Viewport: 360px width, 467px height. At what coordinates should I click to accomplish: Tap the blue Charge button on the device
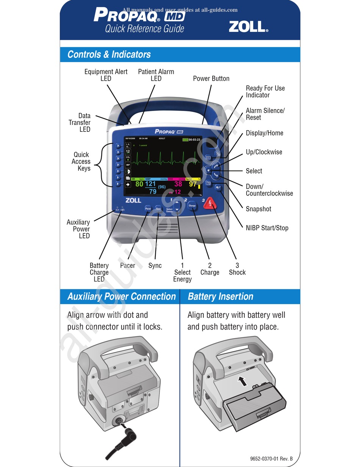192,206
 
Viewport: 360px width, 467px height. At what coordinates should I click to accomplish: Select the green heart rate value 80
139,184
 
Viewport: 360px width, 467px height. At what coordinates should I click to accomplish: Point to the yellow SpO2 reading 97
193,184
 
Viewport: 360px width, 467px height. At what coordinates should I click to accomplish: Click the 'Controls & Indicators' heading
109,55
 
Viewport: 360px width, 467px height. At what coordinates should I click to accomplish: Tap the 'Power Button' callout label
211,78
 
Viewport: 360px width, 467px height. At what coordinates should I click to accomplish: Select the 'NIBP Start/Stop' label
267,228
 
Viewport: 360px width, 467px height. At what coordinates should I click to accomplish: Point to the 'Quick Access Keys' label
81,161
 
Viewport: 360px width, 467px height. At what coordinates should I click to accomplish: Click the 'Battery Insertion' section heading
220,296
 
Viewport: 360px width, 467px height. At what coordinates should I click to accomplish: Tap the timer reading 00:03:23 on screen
194,140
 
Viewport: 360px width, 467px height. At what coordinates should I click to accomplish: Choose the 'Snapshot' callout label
258,209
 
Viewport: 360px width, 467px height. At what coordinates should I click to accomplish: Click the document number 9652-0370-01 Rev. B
271,459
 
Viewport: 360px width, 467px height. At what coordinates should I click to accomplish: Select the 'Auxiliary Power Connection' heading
121,296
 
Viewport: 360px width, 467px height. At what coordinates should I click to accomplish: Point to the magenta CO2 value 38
178,184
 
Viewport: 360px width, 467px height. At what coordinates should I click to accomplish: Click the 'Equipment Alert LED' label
106,75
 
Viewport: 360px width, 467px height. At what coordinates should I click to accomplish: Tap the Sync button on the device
158,209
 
